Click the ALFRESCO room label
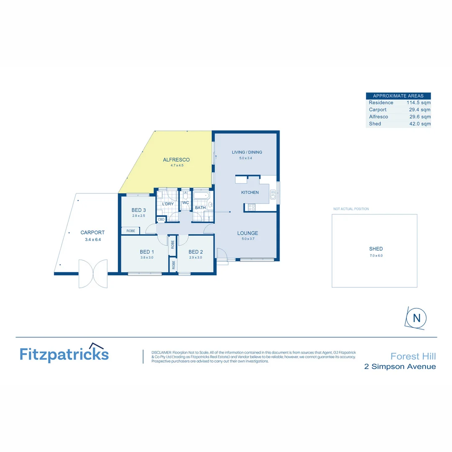176,160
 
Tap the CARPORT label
92,233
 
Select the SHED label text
376,249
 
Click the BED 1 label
147,252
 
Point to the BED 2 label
195,252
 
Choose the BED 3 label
139,210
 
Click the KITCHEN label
250,193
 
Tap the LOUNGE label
248,233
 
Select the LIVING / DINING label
247,152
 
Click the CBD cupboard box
161,219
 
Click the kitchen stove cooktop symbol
252,207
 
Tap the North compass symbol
416,318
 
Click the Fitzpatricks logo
64,354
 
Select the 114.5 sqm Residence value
418,103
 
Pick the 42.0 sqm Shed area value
420,124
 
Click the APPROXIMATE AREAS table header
398,96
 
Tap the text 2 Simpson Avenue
400,367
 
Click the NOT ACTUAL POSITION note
351,209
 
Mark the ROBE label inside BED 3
131,231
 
